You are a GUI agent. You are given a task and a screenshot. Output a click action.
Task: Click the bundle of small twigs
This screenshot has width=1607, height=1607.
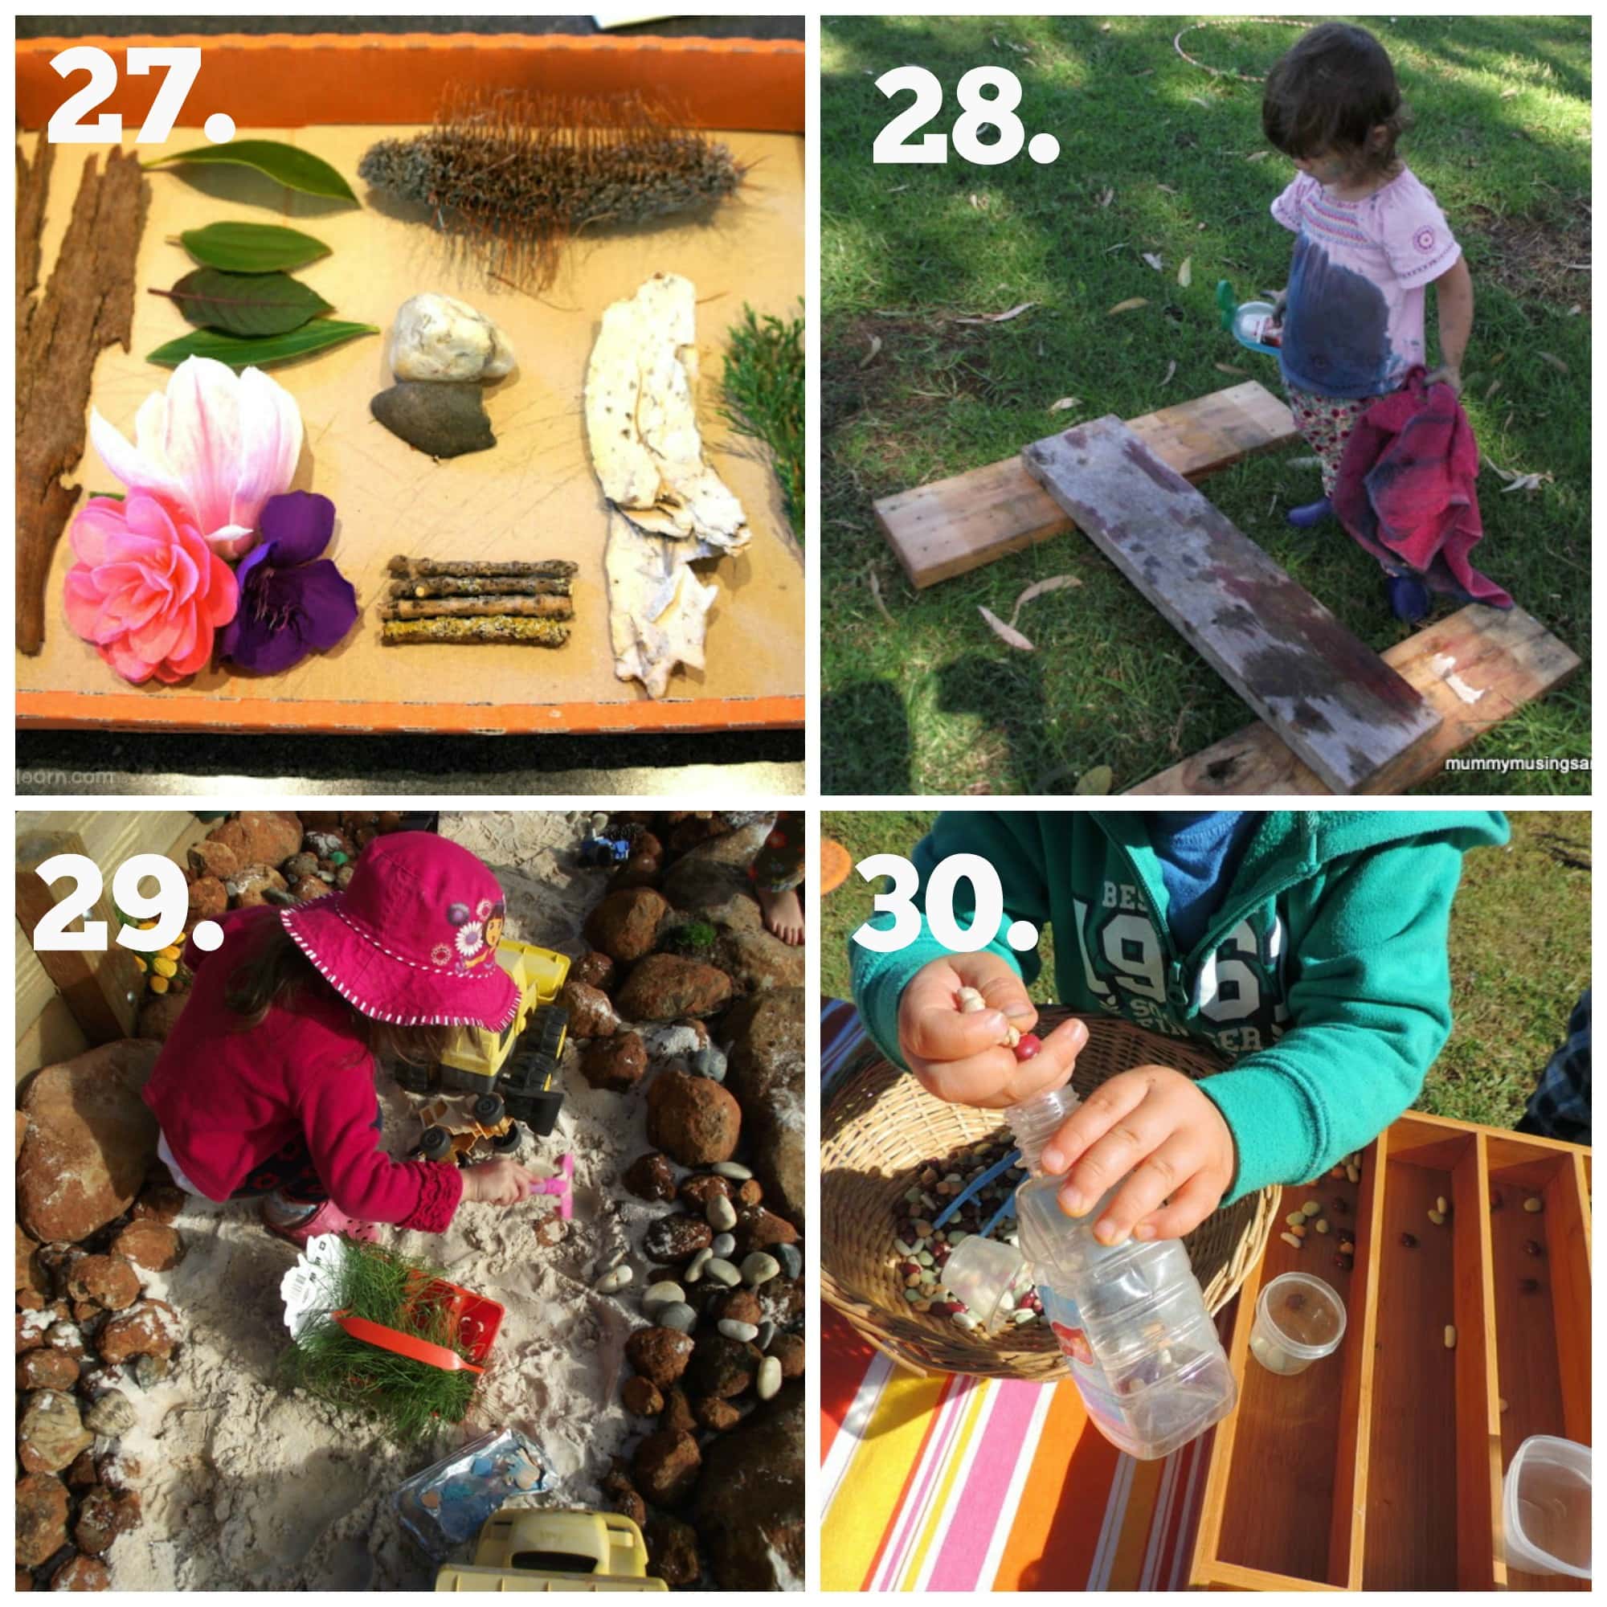[x=478, y=600]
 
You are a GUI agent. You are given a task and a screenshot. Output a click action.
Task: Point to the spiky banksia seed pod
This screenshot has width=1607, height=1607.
[x=549, y=179]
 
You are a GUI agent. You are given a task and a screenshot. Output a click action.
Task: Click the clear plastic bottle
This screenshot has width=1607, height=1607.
[x=1114, y=1298]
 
